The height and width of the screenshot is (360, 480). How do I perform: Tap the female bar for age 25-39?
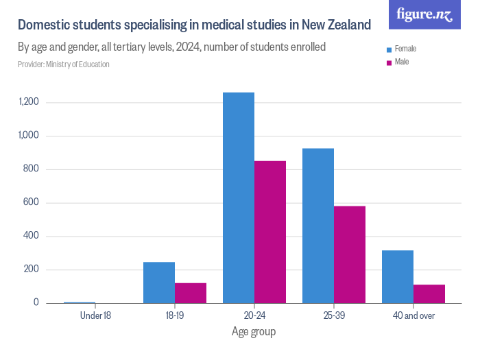point(318,226)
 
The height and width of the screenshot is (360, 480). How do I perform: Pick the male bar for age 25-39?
point(350,254)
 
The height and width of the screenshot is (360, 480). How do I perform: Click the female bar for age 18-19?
point(159,283)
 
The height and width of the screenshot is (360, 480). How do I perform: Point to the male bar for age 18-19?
point(191,293)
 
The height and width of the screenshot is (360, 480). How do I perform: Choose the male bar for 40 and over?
point(429,293)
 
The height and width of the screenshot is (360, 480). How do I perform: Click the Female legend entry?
point(405,49)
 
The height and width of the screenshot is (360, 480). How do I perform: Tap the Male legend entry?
point(401,62)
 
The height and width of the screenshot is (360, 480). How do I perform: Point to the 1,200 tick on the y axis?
point(29,102)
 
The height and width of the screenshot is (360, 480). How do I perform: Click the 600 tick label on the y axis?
point(32,203)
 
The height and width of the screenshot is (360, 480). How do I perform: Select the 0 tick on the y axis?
point(36,303)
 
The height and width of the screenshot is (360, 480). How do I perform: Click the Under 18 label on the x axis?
point(95,316)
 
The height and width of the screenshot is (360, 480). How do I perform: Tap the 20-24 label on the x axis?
point(254,316)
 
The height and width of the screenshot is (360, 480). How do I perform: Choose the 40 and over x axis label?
point(413,316)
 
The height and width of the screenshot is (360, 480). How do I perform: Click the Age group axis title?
point(254,332)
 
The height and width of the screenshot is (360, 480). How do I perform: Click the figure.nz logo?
point(425,14)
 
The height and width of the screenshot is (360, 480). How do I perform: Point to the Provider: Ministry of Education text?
point(63,64)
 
